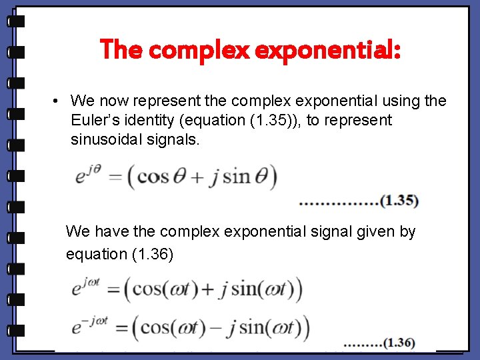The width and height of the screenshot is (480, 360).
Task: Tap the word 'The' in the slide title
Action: pos(121,49)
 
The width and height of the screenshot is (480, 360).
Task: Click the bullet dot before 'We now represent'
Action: pos(57,101)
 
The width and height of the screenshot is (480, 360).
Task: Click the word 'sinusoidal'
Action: pos(104,140)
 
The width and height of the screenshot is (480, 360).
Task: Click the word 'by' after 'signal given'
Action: pos(407,232)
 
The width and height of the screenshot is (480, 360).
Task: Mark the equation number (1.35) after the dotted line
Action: pos(399,200)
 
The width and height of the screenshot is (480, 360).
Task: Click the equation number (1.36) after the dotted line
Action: pos(399,343)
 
